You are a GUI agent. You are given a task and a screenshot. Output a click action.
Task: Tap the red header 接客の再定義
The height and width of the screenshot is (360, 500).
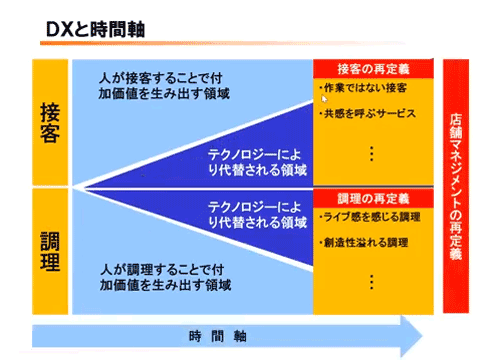(373, 70)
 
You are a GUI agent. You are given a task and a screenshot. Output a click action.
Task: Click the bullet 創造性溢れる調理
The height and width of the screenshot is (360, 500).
(366, 242)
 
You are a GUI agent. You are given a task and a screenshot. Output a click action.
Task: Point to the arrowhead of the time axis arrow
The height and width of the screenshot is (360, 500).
(410, 334)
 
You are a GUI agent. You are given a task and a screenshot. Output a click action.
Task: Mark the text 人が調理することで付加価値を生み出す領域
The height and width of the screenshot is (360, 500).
(166, 277)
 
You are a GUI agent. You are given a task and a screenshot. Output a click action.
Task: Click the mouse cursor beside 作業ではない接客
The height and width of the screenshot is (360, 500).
(323, 99)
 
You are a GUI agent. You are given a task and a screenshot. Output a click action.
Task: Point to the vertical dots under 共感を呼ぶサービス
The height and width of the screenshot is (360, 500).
(372, 152)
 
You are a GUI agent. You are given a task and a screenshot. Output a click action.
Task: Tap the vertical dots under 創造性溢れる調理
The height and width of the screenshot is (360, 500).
(372, 279)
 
